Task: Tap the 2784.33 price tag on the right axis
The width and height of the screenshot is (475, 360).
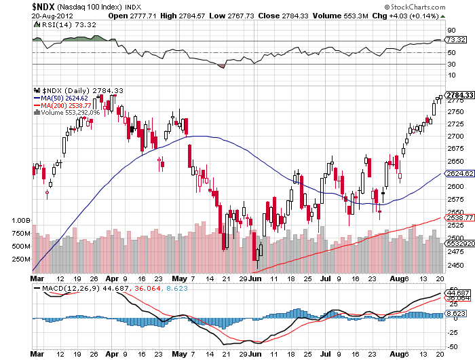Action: [x=459, y=94]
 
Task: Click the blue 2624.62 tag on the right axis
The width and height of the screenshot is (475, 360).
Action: [x=459, y=174]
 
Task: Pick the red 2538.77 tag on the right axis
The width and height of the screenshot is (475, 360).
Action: [x=459, y=218]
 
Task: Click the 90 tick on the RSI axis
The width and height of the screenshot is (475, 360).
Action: [x=451, y=30]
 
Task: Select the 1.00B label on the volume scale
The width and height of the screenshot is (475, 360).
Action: [x=22, y=221]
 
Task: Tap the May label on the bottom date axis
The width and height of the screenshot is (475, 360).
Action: [x=178, y=278]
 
